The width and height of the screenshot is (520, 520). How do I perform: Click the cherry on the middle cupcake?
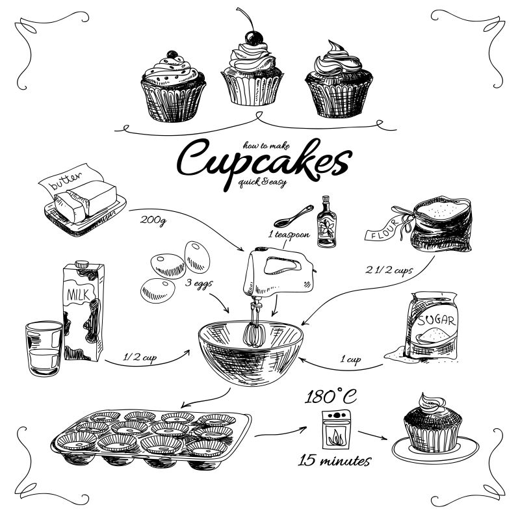253,38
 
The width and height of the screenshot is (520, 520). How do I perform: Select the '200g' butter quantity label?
153,220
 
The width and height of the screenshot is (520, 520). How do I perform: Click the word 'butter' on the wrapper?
66,180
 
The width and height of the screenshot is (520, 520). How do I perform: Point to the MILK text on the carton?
78,294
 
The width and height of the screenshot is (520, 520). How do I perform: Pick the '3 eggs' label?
199,283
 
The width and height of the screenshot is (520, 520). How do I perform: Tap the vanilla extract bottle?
326,222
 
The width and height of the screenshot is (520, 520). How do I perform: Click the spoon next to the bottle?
294,216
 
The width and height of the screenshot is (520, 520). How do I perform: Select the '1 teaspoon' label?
289,235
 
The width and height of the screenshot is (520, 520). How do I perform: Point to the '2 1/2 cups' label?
389,270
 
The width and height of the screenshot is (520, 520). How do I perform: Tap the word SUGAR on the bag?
436,320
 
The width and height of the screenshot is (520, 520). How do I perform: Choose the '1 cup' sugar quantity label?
350,359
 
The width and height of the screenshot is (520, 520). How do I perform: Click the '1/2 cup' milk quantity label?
140,357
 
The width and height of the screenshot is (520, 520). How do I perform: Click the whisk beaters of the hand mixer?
254,328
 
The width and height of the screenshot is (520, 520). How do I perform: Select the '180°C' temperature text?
330,396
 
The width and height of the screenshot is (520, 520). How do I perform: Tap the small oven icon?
336,430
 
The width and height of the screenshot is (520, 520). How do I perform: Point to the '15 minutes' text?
334,461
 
